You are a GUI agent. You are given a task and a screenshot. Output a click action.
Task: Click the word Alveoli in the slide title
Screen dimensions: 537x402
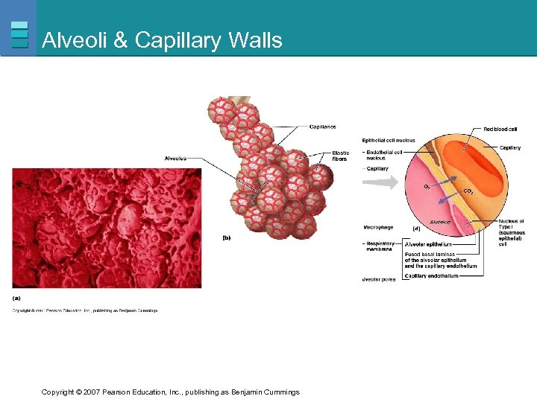pyautogui.click(x=74, y=39)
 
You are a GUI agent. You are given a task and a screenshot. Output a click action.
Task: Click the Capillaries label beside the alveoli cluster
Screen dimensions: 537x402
pyautogui.click(x=322, y=127)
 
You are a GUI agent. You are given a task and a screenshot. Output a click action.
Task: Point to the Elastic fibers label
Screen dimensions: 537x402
pyautogui.click(x=340, y=156)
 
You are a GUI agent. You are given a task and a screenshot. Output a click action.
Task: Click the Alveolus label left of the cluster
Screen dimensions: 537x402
pyautogui.click(x=175, y=158)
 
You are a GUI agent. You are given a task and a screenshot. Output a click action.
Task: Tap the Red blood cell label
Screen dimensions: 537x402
pyautogui.click(x=500, y=130)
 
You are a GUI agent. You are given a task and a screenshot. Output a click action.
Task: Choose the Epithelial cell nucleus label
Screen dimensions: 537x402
pyautogui.click(x=388, y=140)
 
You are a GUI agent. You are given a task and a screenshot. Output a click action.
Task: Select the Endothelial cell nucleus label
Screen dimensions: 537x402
pyautogui.click(x=385, y=155)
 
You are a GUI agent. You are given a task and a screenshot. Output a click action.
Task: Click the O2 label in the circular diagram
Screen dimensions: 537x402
pyautogui.click(x=427, y=185)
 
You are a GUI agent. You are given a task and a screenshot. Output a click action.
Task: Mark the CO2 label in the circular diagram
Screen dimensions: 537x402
pyautogui.click(x=468, y=191)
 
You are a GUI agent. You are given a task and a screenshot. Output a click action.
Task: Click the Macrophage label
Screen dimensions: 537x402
pyautogui.click(x=377, y=226)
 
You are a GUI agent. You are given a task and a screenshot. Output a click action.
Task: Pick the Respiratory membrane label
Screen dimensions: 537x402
pyautogui.click(x=379, y=246)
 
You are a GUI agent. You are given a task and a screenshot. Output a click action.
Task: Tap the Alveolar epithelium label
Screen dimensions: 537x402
pyautogui.click(x=428, y=243)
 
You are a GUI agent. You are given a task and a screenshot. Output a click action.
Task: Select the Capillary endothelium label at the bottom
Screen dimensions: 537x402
pyautogui.click(x=431, y=276)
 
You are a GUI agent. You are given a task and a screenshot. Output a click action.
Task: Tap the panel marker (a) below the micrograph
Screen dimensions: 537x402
pyautogui.click(x=16, y=298)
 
